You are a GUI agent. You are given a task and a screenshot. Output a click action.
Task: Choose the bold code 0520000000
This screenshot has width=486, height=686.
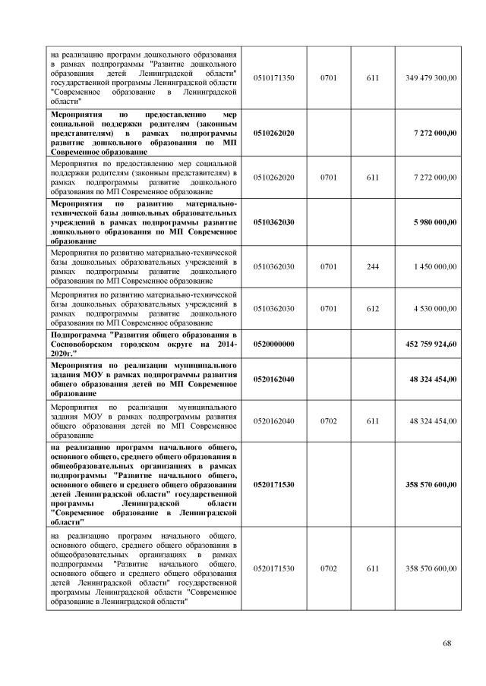point(274,344)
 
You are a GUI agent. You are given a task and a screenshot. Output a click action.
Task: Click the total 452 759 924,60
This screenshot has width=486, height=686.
point(429,344)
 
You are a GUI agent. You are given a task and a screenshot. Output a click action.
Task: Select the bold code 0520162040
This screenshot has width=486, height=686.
point(274,379)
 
